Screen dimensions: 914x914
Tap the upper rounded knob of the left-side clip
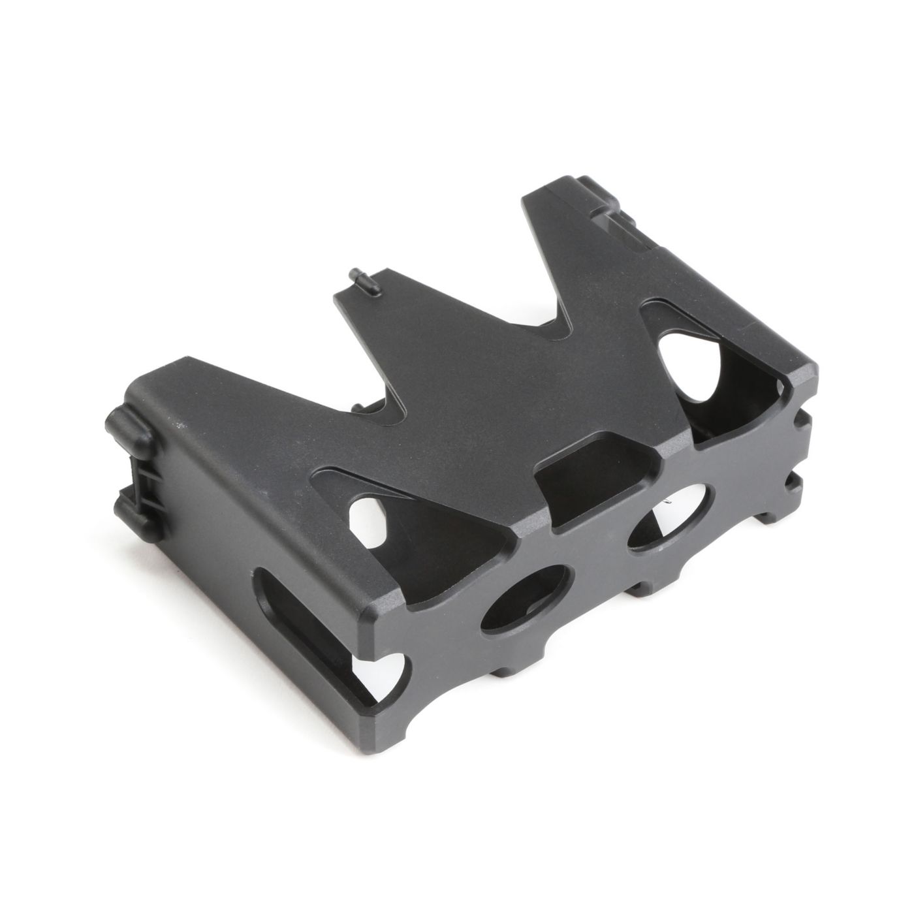pyautogui.click(x=127, y=426)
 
